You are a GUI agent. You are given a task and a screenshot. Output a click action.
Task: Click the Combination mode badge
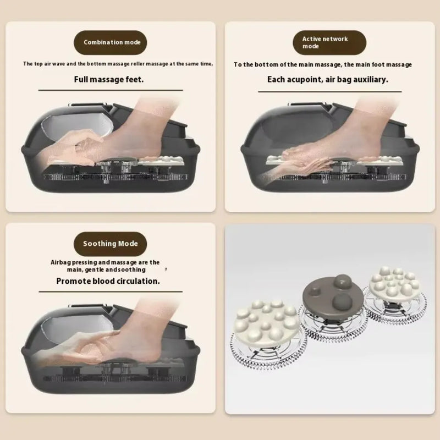112,42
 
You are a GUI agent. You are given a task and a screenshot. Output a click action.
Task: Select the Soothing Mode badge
111,243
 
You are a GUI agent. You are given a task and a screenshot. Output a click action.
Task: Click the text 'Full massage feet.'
109,79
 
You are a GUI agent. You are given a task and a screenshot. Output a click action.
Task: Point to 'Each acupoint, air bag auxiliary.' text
327,79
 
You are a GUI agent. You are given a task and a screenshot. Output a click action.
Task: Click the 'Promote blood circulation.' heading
108,280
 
